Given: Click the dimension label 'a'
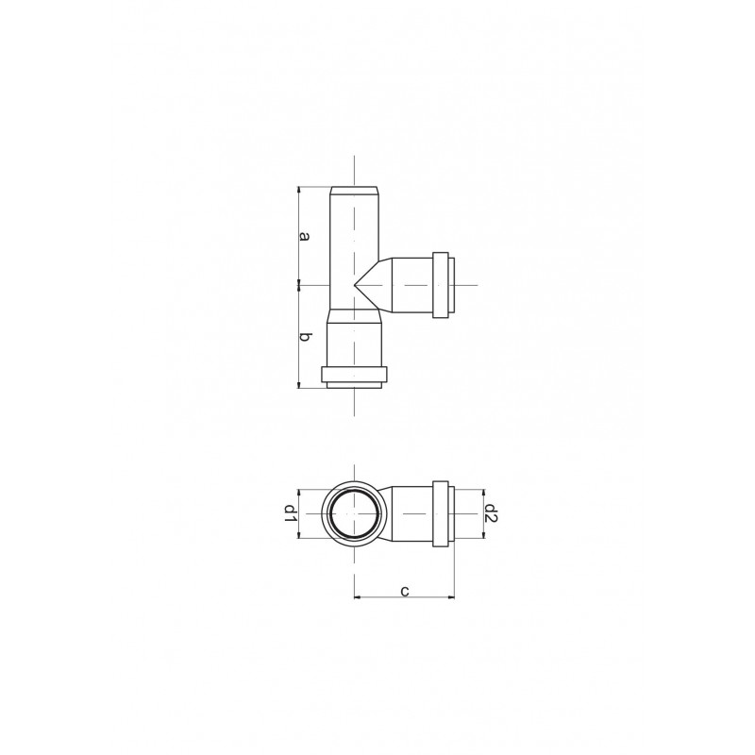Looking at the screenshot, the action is (304, 236).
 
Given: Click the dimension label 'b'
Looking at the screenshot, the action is (304, 337).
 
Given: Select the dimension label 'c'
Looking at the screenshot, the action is (405, 591).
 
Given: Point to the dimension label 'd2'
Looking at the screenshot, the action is (491, 513).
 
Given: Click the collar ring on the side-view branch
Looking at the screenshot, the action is (441, 285).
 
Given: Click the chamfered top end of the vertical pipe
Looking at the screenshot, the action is (354, 190).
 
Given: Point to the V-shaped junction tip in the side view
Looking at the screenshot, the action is (355, 285).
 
